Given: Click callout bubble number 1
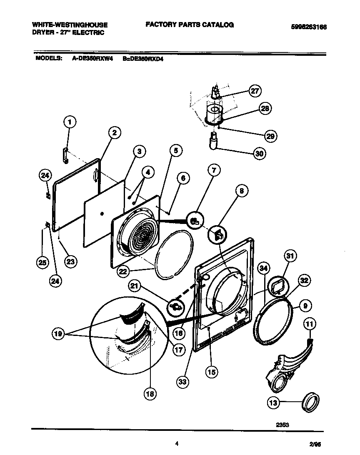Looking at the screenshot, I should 70,122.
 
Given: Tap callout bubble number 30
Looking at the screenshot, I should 259,153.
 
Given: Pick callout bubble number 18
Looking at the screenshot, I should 149,394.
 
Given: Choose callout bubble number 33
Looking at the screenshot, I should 182,382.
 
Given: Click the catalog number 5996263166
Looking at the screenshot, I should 308,27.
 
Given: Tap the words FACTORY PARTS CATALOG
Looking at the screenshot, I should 190,25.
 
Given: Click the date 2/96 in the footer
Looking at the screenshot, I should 316,445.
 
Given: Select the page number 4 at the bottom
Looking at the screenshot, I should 177,444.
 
